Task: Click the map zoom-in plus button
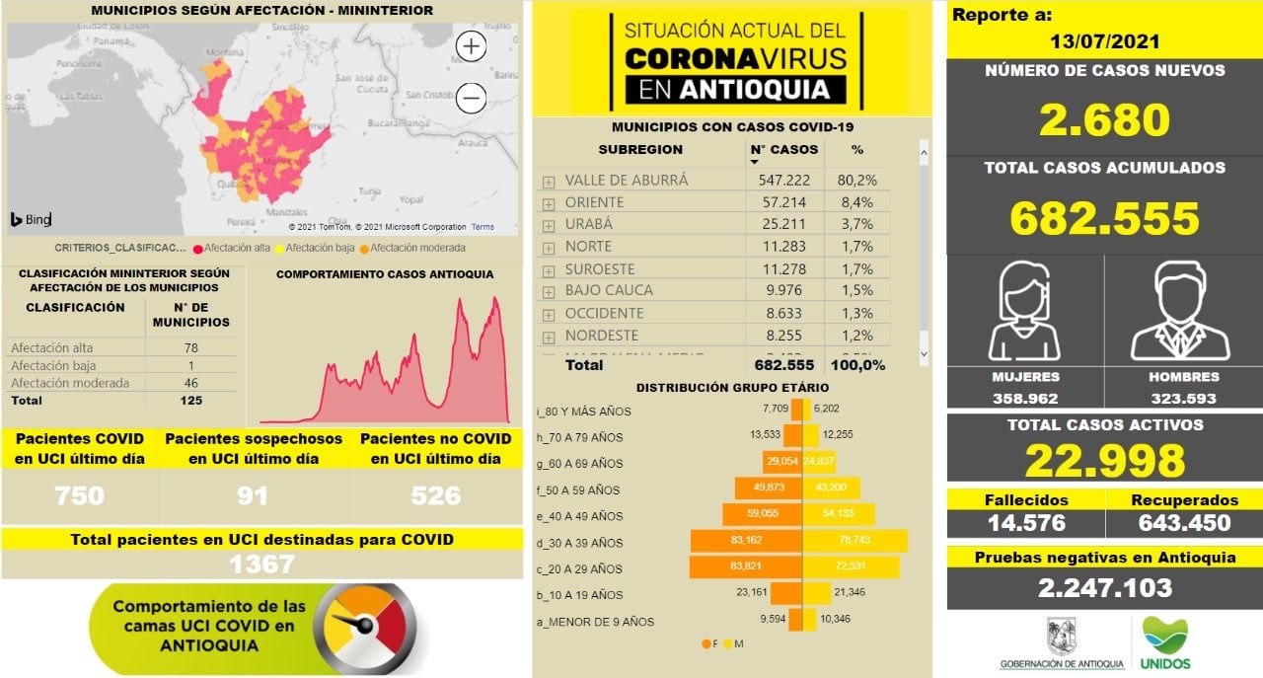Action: tap(472, 46)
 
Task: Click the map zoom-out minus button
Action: tap(472, 98)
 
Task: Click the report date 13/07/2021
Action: tap(1104, 42)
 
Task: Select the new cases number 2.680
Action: tap(1104, 119)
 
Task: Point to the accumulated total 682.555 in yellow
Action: tap(1104, 218)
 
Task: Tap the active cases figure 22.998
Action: tap(1104, 461)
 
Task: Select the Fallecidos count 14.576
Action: tap(1025, 523)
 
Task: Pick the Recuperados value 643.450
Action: tap(1183, 523)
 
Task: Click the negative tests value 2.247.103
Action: tap(1104, 588)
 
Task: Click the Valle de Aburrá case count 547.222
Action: tap(784, 181)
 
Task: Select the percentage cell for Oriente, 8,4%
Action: tap(856, 202)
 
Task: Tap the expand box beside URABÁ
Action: tap(549, 226)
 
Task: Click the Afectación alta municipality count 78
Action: tap(190, 347)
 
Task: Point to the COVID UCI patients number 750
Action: tap(80, 495)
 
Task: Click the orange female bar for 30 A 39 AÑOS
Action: tap(746, 542)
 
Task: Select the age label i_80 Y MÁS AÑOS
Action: tap(583, 411)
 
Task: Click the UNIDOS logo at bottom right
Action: tap(1165, 643)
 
